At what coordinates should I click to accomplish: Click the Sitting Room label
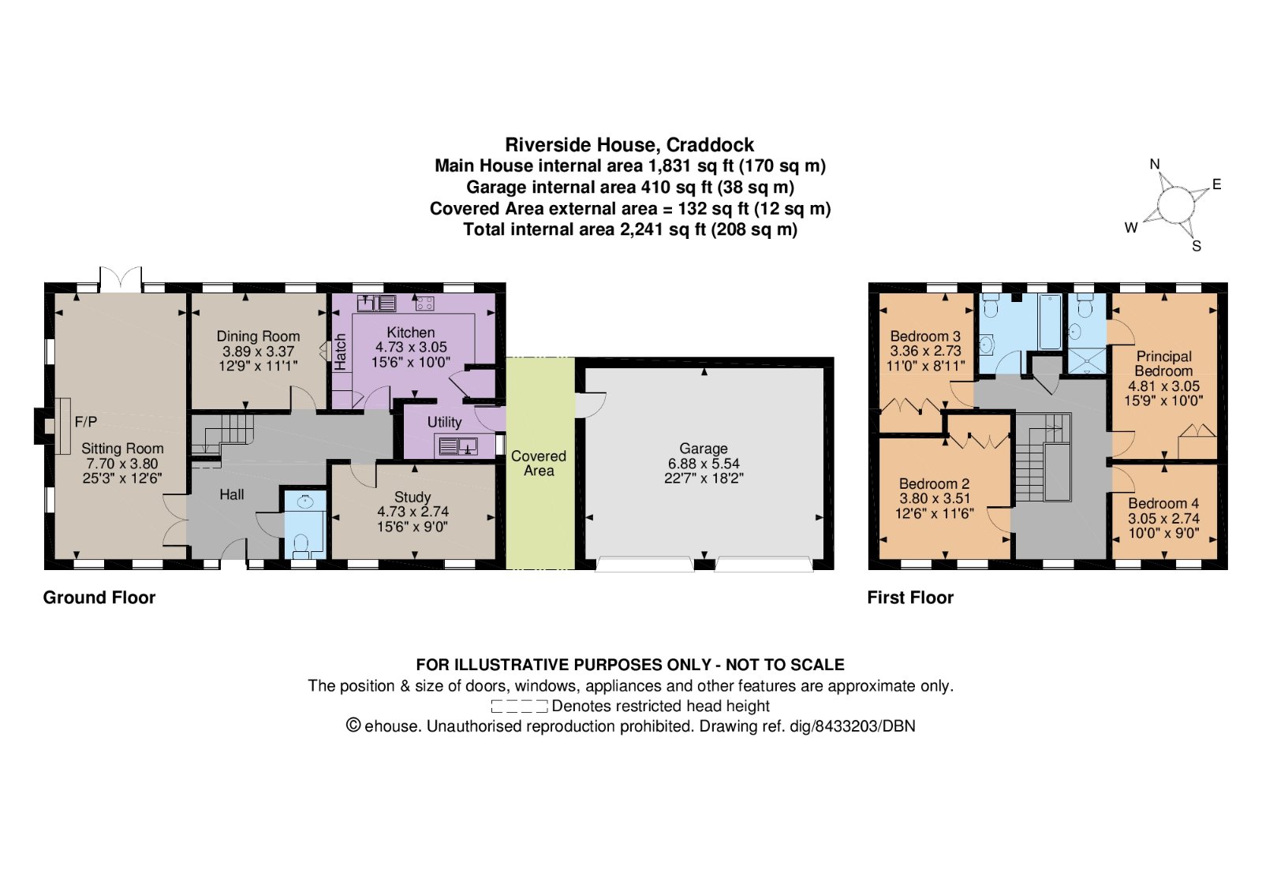click(122, 449)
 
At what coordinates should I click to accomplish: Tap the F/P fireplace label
click(85, 422)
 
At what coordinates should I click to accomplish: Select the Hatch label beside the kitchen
click(340, 352)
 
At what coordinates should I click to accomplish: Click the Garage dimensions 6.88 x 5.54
click(704, 464)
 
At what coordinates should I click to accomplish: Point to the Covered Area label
click(539, 463)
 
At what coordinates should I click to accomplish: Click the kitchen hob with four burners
click(424, 303)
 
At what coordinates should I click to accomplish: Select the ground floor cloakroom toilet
click(300, 544)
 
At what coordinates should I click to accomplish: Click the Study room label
click(413, 497)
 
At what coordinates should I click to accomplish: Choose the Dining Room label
click(258, 336)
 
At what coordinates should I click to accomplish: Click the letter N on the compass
click(1155, 164)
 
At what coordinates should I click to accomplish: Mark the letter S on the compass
click(1197, 246)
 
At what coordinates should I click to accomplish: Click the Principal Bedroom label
click(1163, 363)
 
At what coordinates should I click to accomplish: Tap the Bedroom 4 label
click(1163, 503)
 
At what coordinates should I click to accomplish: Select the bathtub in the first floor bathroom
click(1050, 322)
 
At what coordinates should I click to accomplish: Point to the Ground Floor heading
click(99, 598)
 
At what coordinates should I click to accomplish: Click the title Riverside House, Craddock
click(629, 145)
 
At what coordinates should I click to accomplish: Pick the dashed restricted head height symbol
click(518, 706)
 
